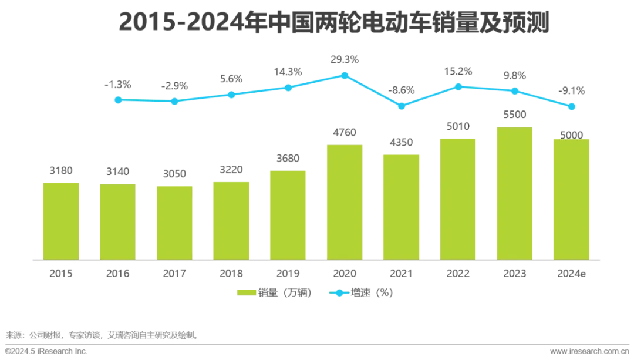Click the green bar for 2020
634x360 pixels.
coord(345,202)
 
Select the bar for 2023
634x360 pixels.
coord(515,193)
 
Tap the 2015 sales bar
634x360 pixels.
coord(61,221)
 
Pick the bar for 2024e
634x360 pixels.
coord(571,200)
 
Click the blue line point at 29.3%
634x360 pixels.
coord(345,76)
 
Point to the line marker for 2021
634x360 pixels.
coord(402,106)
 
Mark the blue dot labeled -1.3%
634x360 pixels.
coord(118,100)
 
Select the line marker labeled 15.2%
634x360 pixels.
coord(458,87)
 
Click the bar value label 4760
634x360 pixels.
coord(345,133)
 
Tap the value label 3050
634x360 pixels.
coord(174,174)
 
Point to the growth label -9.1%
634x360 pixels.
coord(571,90)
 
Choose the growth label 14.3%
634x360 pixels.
coord(288,72)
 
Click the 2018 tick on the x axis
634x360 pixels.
coord(231,274)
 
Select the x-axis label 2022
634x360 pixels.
coord(458,274)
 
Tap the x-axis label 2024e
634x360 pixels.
coord(571,274)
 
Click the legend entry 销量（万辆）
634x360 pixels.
coord(275,292)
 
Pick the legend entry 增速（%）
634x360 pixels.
coord(362,292)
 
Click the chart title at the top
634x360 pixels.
coord(334,22)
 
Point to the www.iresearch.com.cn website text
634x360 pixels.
coord(589,351)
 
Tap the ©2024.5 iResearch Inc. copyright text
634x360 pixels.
coord(46,351)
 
